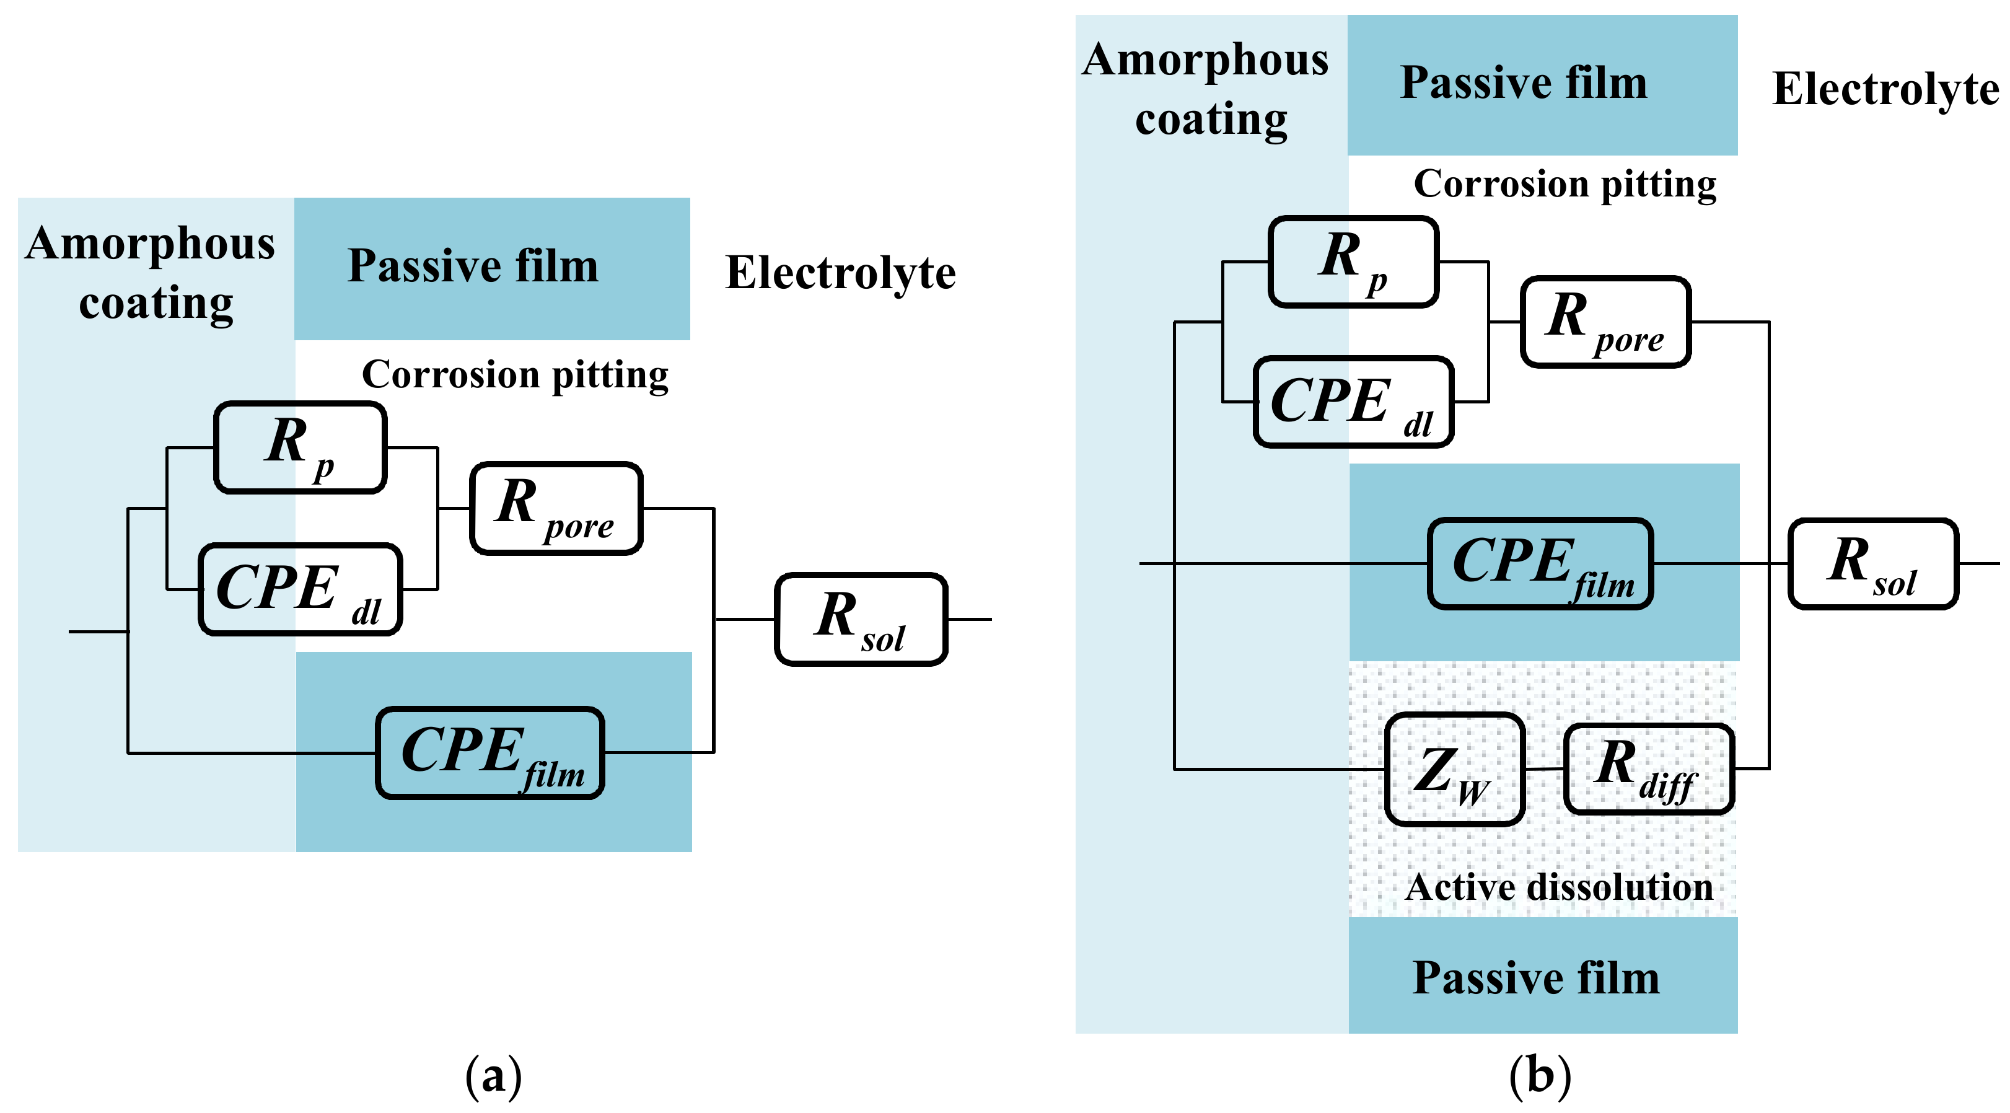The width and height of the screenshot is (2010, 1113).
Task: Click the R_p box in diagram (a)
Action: pyautogui.click(x=301, y=447)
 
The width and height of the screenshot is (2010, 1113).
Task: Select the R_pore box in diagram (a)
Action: pyautogui.click(x=556, y=508)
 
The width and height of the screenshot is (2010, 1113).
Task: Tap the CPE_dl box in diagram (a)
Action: pyautogui.click(x=301, y=589)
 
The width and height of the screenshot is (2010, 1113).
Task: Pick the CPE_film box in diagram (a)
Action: pyautogui.click(x=490, y=752)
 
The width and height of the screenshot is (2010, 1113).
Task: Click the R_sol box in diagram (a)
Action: pyautogui.click(x=861, y=619)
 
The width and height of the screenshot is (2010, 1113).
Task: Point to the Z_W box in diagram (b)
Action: pyautogui.click(x=1454, y=769)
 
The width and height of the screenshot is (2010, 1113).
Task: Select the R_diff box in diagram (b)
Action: pyautogui.click(x=1648, y=769)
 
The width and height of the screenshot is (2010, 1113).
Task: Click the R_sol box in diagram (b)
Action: pyautogui.click(x=1872, y=563)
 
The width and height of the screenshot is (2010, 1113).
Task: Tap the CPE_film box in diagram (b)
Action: pyautogui.click(x=1540, y=563)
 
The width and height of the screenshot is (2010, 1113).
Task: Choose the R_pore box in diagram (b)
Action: pyautogui.click(x=1606, y=321)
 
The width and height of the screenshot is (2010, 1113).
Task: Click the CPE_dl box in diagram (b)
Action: pyautogui.click(x=1353, y=401)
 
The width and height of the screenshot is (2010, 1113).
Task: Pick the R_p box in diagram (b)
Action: pyautogui.click(x=1353, y=262)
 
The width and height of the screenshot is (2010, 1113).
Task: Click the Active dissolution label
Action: pyautogui.click(x=1559, y=887)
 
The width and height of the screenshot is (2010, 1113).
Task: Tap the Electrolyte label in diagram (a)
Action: pyautogui.click(x=840, y=273)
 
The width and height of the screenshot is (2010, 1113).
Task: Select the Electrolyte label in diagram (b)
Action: pyautogui.click(x=1885, y=88)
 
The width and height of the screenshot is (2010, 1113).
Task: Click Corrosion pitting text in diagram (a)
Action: pyautogui.click(x=515, y=375)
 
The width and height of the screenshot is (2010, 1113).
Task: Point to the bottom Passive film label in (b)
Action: pyautogui.click(x=1535, y=977)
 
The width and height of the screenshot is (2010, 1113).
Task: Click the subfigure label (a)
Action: pyautogui.click(x=493, y=1076)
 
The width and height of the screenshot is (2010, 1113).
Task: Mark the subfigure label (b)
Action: pyautogui.click(x=1540, y=1076)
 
